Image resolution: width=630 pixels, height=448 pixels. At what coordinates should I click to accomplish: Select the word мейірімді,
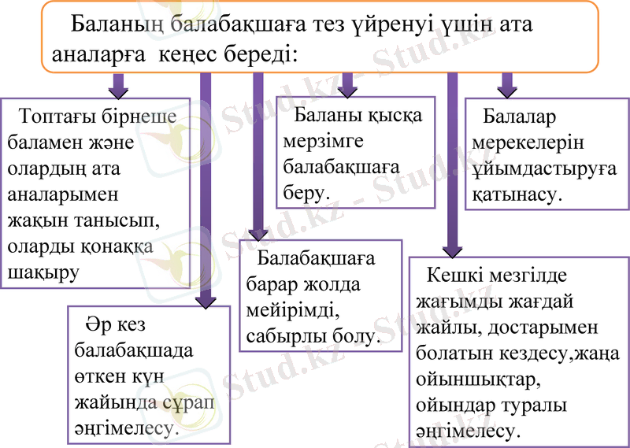(x=291, y=310)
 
